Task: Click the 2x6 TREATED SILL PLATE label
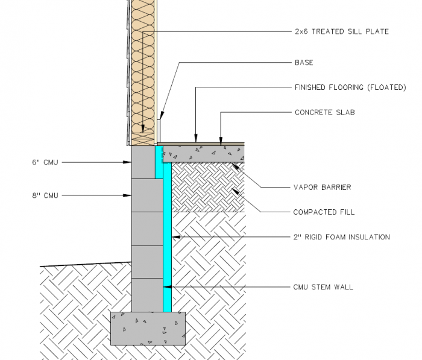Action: [341, 31]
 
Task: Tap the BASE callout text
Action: [304, 63]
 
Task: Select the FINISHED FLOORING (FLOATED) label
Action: [350, 87]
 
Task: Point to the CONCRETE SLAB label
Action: [324, 112]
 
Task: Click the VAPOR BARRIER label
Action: [322, 188]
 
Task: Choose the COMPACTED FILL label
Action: [324, 212]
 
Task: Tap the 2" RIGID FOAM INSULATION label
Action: [341, 237]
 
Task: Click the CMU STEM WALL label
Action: [323, 287]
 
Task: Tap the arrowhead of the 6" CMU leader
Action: [128, 162]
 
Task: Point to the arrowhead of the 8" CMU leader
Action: [128, 195]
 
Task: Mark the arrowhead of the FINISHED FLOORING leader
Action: [196, 141]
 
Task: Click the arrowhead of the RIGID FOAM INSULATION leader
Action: [174, 237]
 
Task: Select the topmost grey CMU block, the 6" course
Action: [143, 162]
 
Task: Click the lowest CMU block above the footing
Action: [147, 295]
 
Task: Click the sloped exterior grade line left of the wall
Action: [84, 264]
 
